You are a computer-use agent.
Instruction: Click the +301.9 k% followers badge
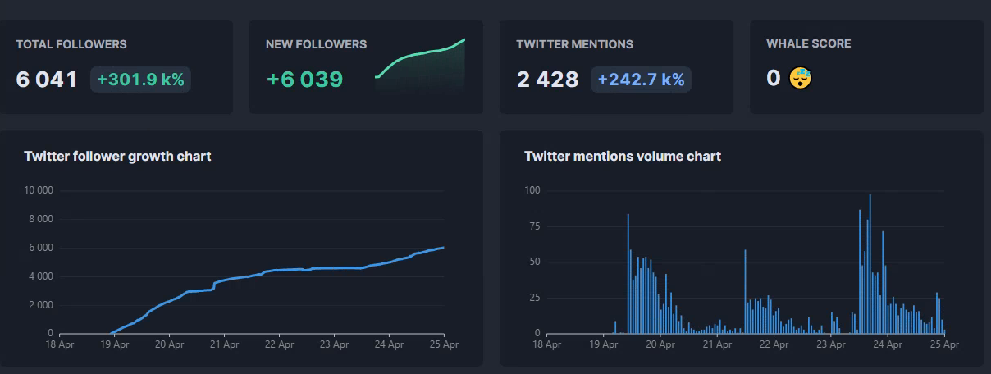140,80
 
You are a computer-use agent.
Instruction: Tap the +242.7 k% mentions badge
641,80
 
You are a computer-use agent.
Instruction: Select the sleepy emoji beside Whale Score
800,79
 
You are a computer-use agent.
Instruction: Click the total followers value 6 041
47,80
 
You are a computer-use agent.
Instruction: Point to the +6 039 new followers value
304,80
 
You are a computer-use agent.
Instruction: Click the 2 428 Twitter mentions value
548,80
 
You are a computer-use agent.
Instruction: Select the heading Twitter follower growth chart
117,156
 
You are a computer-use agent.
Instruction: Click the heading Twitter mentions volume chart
623,156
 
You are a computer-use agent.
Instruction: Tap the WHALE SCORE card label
808,44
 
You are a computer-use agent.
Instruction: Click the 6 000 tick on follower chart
39,248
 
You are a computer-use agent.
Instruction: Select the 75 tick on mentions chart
532,226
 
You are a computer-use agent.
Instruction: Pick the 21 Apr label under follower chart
225,345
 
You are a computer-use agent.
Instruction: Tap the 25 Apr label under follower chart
444,345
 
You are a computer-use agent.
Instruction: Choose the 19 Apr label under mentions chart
604,345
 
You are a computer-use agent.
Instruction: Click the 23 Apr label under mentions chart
831,345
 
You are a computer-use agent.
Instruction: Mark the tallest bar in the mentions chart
870,262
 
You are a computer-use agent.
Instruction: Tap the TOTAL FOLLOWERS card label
71,44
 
